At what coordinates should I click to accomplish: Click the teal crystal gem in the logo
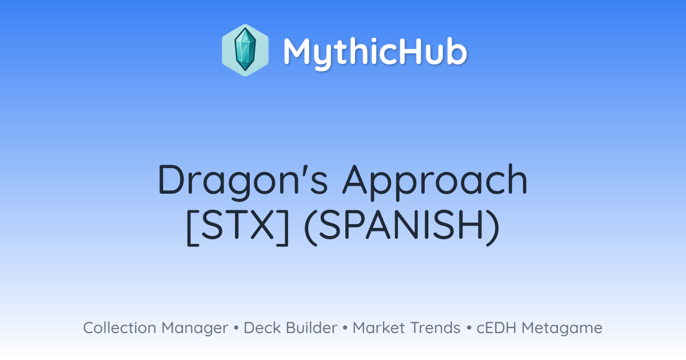245,50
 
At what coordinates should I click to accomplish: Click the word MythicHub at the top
375,52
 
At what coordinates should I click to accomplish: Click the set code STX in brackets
238,225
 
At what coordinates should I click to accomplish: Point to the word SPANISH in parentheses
401,225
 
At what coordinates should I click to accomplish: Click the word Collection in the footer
119,328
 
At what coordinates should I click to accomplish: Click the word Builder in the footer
312,328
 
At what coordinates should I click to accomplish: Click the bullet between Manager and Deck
236,329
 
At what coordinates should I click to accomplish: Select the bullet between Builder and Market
345,329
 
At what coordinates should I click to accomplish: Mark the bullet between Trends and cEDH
469,329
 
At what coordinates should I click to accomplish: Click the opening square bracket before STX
192,227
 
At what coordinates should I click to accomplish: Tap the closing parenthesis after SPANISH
493,227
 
